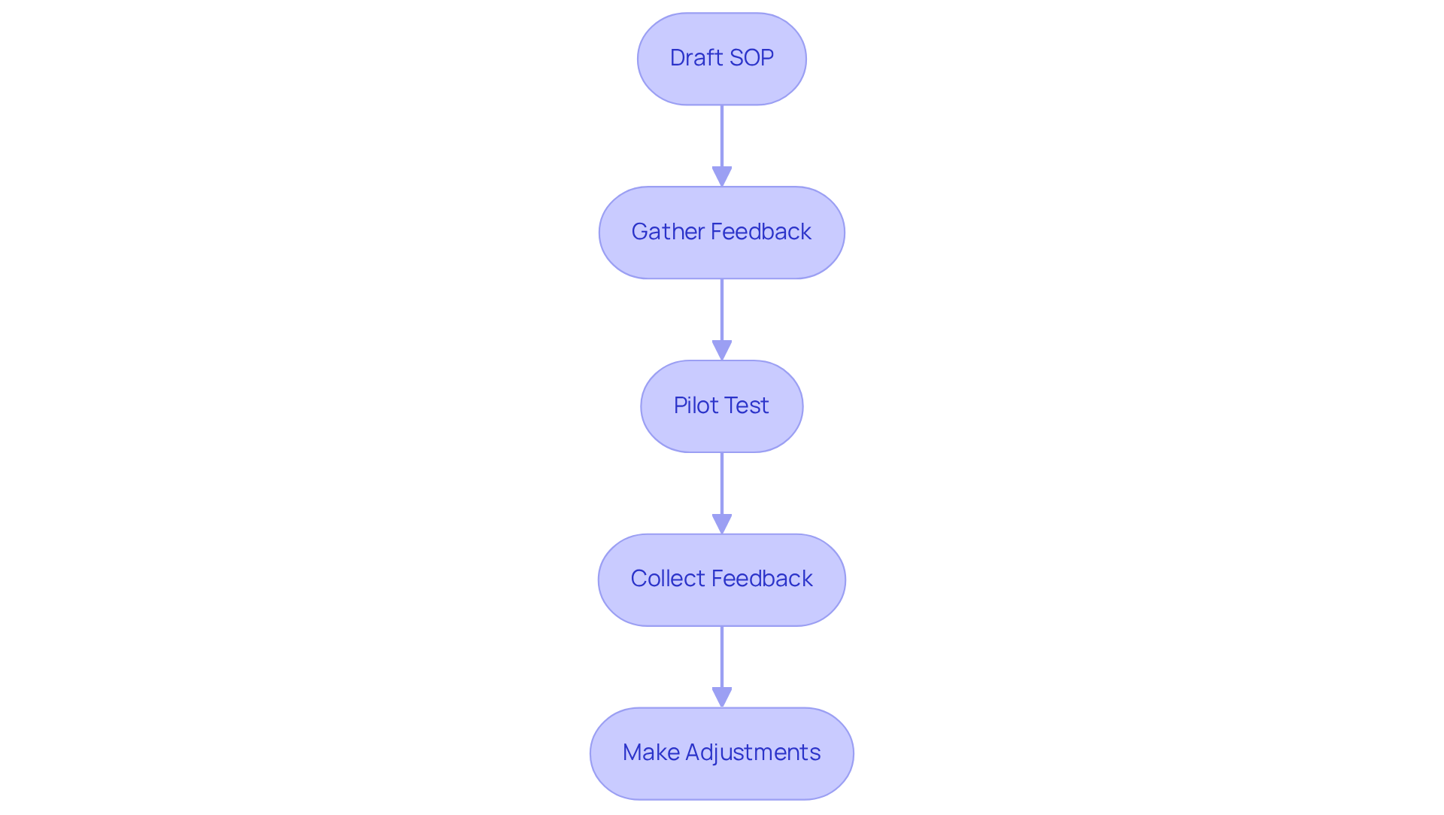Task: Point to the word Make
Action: pos(651,753)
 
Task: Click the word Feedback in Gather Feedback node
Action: pos(761,232)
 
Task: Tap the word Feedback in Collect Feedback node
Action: pos(763,579)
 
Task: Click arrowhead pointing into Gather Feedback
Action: pos(722,176)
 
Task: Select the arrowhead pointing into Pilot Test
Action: pos(722,350)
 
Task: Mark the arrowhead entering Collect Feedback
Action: pos(722,524)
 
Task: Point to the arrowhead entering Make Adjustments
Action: pos(722,697)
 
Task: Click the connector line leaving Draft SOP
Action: pos(722,135)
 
